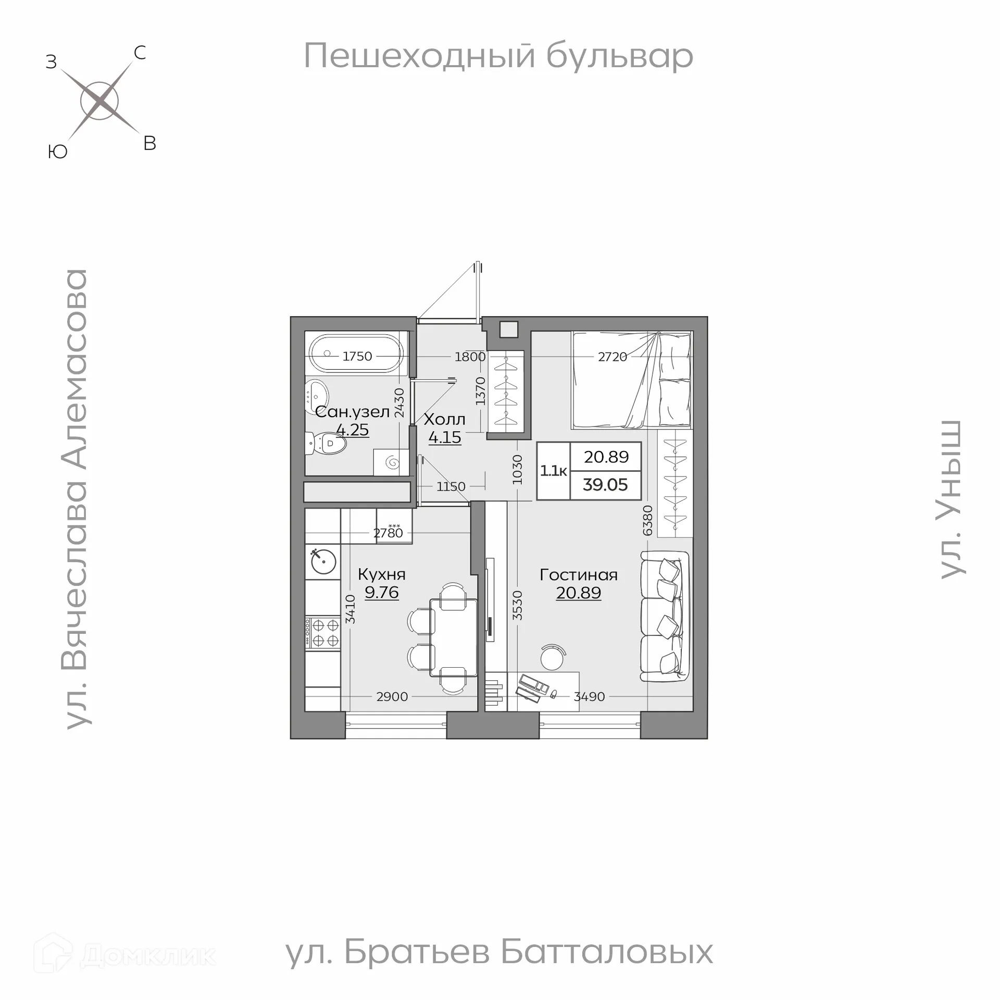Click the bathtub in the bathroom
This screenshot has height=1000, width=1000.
(356, 353)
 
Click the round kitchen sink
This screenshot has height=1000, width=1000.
(323, 561)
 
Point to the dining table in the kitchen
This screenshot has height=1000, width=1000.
(453, 637)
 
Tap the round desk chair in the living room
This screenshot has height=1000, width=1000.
(552, 658)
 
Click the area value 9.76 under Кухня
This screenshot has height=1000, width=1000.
(381, 593)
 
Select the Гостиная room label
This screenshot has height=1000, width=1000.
(578, 575)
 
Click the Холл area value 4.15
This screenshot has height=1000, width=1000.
(445, 438)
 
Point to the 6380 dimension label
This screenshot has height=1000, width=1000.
(647, 520)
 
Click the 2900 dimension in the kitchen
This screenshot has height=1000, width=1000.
(392, 696)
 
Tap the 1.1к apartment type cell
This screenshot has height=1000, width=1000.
(553, 471)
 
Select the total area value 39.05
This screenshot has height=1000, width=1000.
(605, 485)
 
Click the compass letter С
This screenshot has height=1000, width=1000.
(140, 53)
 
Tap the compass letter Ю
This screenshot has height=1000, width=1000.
(57, 152)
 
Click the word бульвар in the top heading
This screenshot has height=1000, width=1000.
(619, 56)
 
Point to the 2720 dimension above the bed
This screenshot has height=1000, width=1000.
(612, 357)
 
